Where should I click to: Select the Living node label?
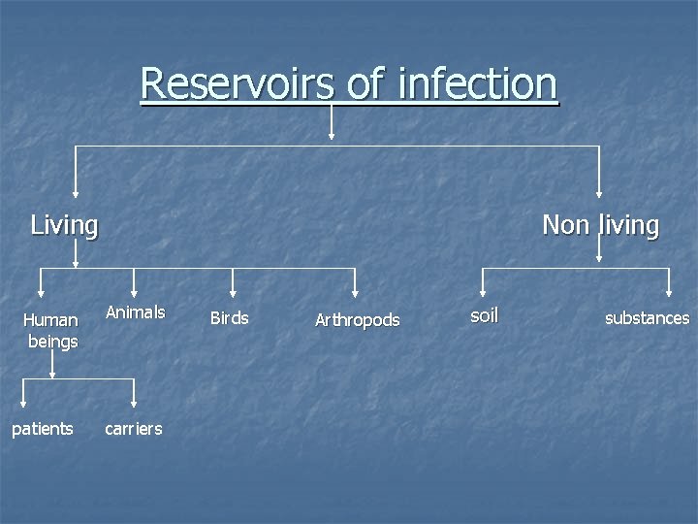pyautogui.click(x=64, y=226)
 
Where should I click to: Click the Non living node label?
pyautogui.click(x=600, y=226)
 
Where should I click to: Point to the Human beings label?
pyautogui.click(x=52, y=330)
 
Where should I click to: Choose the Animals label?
pyautogui.click(x=135, y=312)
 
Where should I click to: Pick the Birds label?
pyautogui.click(x=229, y=318)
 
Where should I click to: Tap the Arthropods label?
pyautogui.click(x=357, y=320)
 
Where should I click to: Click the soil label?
pyautogui.click(x=484, y=314)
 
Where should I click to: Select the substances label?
pyautogui.click(x=647, y=318)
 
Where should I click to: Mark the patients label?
pyautogui.click(x=42, y=429)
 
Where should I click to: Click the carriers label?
pyautogui.click(x=134, y=429)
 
